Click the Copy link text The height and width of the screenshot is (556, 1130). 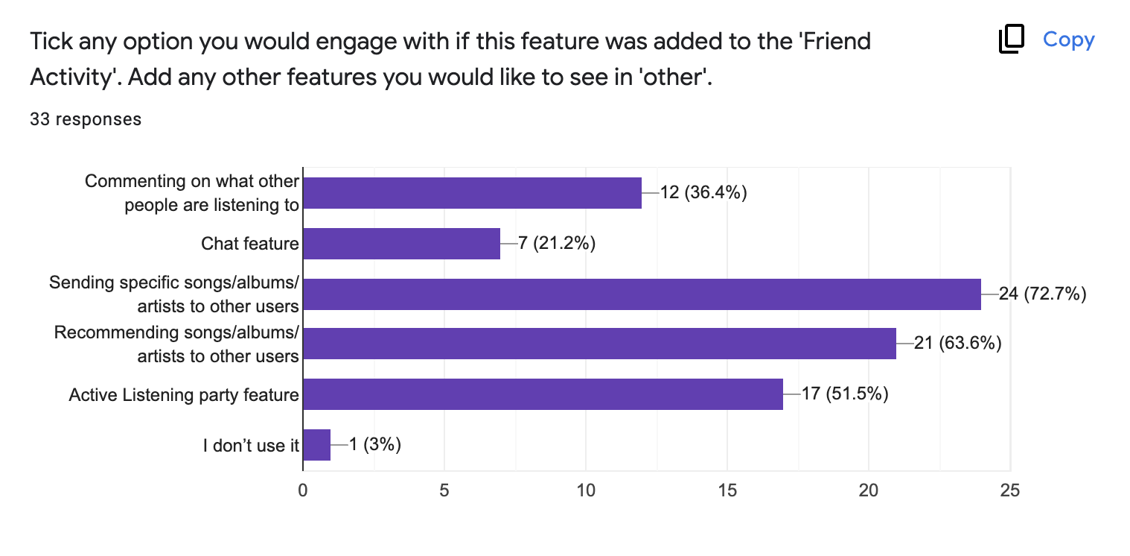1068,40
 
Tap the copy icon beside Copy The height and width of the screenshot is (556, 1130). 1012,38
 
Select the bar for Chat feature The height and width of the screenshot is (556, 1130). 401,244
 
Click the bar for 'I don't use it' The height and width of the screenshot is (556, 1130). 317,445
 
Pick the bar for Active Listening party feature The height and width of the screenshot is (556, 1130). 543,394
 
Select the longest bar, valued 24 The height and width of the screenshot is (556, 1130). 642,294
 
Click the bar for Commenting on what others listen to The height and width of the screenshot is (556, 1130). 472,193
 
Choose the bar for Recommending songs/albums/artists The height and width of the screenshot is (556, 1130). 600,344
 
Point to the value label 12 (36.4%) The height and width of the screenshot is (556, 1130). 703,192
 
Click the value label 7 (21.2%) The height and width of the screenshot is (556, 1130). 556,244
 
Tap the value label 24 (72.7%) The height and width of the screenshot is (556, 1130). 1043,294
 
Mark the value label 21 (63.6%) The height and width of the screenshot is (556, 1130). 957,343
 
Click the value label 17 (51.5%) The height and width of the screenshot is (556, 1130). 845,394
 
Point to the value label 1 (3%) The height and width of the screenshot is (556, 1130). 375,444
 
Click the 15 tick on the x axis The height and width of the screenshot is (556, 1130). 727,490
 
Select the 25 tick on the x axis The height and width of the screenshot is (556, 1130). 1010,490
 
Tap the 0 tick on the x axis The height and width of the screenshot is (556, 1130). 303,490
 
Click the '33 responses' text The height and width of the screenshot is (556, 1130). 86,119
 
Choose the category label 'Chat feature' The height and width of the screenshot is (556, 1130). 249,244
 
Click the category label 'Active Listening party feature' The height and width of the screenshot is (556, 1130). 184,394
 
